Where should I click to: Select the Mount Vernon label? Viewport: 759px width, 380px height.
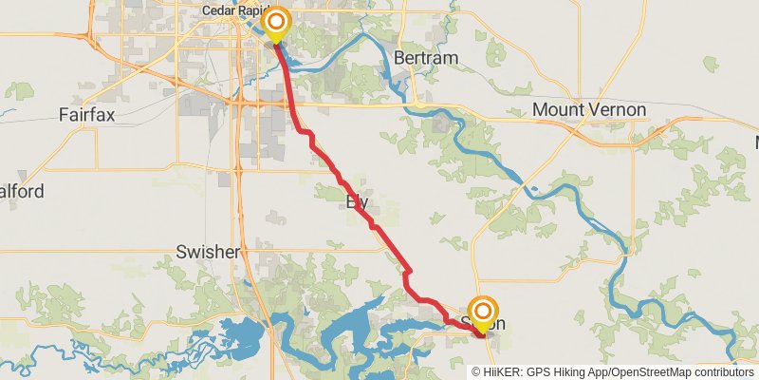pyautogui.click(x=588, y=110)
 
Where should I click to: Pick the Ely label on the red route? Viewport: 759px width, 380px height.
pyautogui.click(x=358, y=201)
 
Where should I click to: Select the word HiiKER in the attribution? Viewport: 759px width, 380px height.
pyautogui.click(x=502, y=371)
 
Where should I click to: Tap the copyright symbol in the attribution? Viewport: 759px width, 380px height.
pyautogui.click(x=476, y=371)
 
